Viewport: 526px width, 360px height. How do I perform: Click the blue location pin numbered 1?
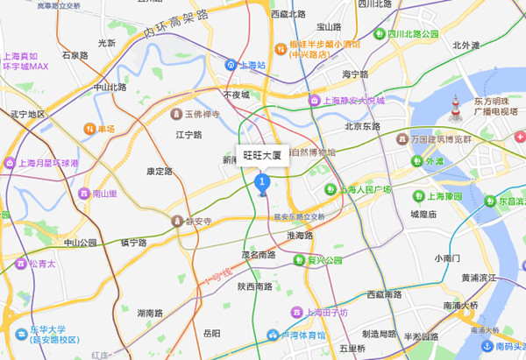coord(260,181)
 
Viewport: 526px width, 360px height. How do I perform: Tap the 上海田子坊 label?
coord(326,312)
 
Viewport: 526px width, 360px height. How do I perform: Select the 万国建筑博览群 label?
coord(441,139)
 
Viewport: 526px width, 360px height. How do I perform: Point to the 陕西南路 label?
coord(254,286)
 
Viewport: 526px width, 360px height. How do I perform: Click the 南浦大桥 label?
coord(461,306)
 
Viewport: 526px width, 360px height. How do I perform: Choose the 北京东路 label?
coord(363,126)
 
